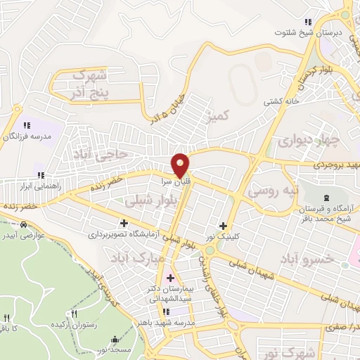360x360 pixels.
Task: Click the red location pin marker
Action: (x=181, y=164)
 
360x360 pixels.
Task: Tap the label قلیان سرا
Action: (x=181, y=180)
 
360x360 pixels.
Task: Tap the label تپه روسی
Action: (x=276, y=190)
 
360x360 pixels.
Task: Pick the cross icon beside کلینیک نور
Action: (x=224, y=226)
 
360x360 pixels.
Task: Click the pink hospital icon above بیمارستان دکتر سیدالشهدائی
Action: (x=170, y=276)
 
